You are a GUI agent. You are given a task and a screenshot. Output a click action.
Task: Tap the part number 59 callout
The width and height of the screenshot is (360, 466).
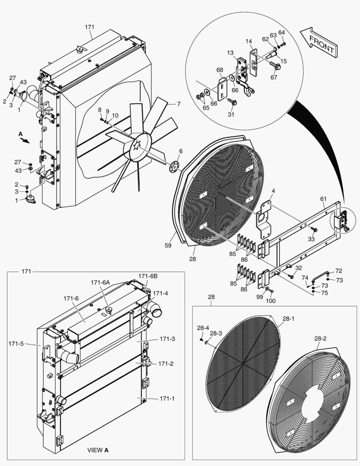[x=168, y=246]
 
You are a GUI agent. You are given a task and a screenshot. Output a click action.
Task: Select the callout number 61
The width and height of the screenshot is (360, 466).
[x=323, y=198]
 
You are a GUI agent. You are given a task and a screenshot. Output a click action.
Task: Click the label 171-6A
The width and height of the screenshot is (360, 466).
[x=100, y=282]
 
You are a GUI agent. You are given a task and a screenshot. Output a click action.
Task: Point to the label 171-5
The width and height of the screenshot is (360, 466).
[x=16, y=344]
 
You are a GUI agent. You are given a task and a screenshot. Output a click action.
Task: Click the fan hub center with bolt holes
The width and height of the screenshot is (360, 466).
[x=138, y=147]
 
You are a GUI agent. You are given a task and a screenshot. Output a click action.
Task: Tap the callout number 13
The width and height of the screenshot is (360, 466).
[x=230, y=53]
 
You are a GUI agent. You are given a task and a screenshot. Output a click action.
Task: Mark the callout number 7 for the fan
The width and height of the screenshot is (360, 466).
[x=178, y=104]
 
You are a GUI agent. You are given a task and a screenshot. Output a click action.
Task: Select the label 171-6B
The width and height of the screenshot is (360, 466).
[x=148, y=276]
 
